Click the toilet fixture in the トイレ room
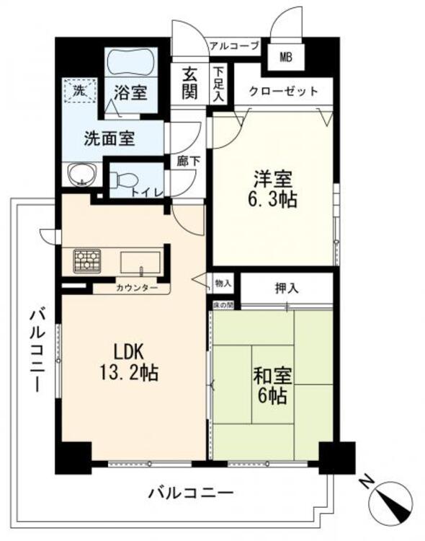126,180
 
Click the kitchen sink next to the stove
138,261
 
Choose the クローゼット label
283,92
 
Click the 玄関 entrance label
189,82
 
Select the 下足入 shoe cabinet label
218,84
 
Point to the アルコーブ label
234,46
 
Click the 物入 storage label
223,283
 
